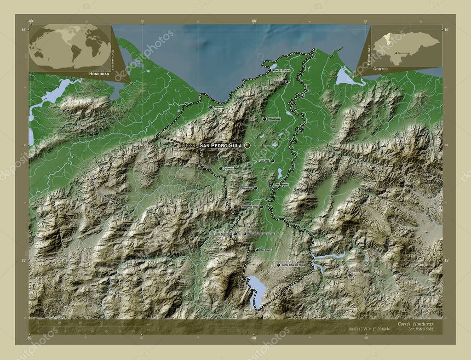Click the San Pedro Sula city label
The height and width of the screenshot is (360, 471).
220,145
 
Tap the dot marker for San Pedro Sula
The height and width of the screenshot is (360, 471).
247,145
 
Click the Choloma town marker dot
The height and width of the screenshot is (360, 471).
264,119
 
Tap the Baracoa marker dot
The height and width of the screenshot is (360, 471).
287,82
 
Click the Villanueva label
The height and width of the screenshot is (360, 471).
246,188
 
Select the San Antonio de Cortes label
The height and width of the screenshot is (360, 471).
261,234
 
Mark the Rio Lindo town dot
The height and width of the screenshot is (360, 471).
257,250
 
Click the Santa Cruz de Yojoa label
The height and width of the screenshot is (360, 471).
293,265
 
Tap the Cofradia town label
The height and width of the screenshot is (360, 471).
229,168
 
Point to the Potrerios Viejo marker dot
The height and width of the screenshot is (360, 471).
261,206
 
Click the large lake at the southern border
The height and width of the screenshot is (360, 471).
257,291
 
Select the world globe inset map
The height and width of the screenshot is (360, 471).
70,47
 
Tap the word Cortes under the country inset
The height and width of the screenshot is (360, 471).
380,68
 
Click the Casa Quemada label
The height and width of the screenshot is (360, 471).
224,234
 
